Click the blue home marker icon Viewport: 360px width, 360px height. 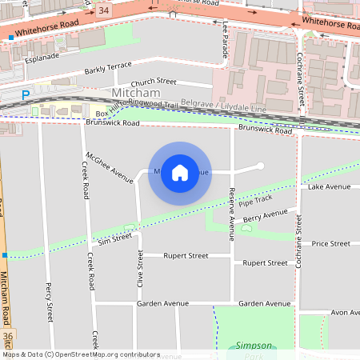[180, 173]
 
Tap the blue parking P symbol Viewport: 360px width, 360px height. [25, 94]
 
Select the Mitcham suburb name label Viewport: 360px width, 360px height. [136, 94]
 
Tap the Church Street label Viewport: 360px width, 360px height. [154, 82]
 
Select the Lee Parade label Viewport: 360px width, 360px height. [226, 39]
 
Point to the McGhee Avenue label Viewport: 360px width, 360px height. [110, 166]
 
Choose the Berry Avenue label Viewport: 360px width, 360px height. [265, 215]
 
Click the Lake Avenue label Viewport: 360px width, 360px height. [329, 186]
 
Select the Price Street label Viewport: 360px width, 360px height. [331, 243]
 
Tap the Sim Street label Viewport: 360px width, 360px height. [114, 238]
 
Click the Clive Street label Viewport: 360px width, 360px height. [140, 269]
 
